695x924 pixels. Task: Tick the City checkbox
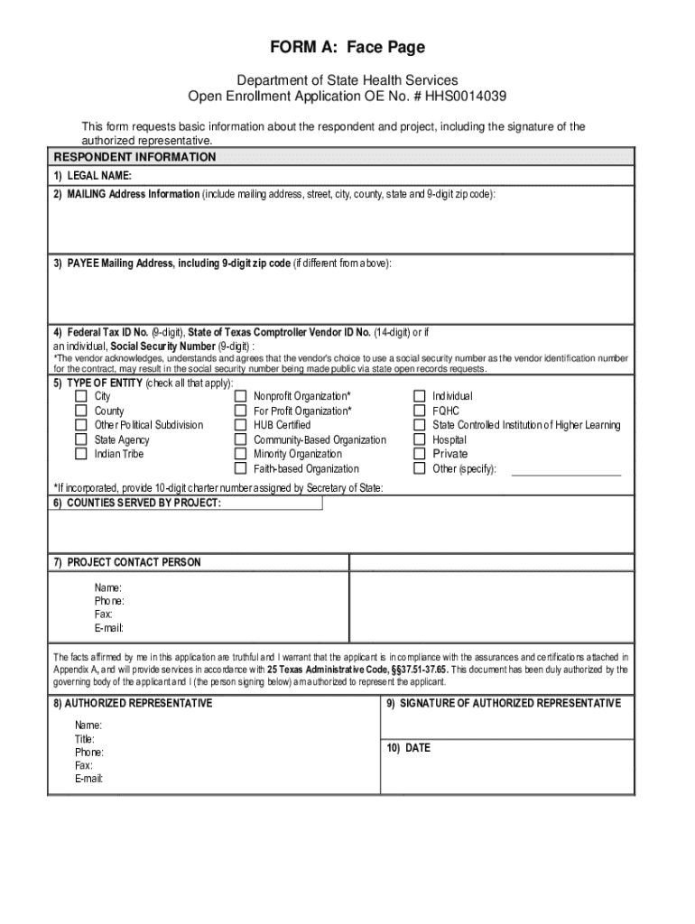80,396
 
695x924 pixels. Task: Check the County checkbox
80,411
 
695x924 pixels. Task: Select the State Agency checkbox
80,439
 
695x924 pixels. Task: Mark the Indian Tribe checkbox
80,454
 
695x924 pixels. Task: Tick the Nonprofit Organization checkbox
241,396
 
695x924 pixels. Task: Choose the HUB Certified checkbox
241,425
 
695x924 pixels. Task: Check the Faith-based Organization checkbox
241,468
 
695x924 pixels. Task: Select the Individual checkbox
420,396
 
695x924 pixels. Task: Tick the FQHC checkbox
420,411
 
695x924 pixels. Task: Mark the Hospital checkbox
420,439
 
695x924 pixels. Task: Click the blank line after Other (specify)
566,470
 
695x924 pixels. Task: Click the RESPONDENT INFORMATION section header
134,157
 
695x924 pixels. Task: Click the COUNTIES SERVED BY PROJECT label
136,503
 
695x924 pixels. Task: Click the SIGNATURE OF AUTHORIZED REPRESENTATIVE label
504,703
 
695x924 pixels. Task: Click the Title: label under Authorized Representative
86,739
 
